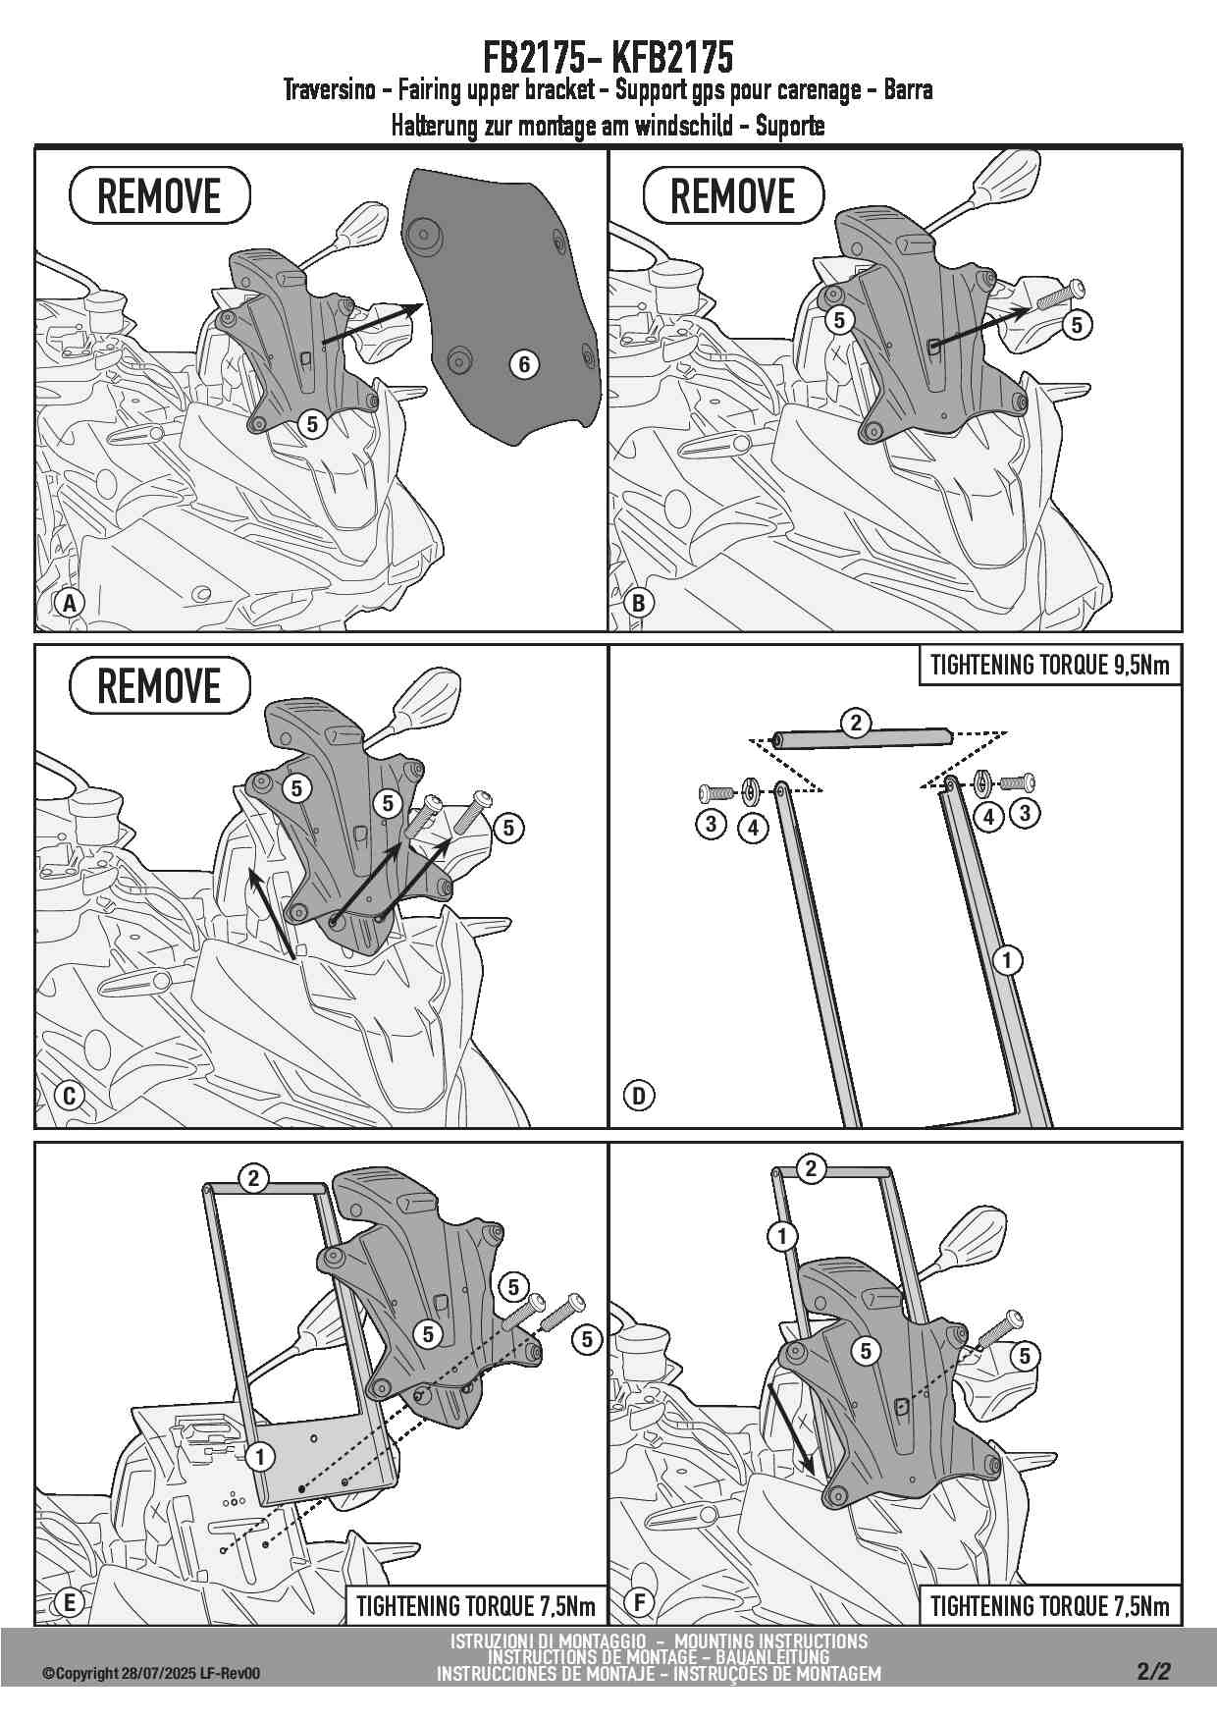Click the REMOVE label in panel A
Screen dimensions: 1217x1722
[160, 195]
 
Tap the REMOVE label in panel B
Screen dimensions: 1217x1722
[733, 195]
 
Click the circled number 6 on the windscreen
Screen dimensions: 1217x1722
[525, 364]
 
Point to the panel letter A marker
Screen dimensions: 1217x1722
[70, 603]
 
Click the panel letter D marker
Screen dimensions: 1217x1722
[639, 1095]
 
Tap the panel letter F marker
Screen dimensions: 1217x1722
[639, 1603]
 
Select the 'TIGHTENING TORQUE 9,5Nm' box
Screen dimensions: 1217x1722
[1049, 665]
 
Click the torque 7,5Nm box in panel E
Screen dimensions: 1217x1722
[476, 1606]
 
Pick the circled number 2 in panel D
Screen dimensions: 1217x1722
[856, 723]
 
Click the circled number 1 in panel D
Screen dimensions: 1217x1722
[1007, 960]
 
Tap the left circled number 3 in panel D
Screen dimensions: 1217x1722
[712, 823]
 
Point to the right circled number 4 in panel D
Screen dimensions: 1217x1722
[988, 816]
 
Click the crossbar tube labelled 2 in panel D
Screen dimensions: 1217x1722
[861, 738]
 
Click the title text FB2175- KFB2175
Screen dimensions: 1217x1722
[608, 57]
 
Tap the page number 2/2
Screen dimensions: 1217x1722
[1154, 1671]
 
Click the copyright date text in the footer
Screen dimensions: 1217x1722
[151, 1674]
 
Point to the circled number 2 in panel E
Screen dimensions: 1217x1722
[254, 1177]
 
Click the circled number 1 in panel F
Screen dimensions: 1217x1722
[782, 1235]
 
